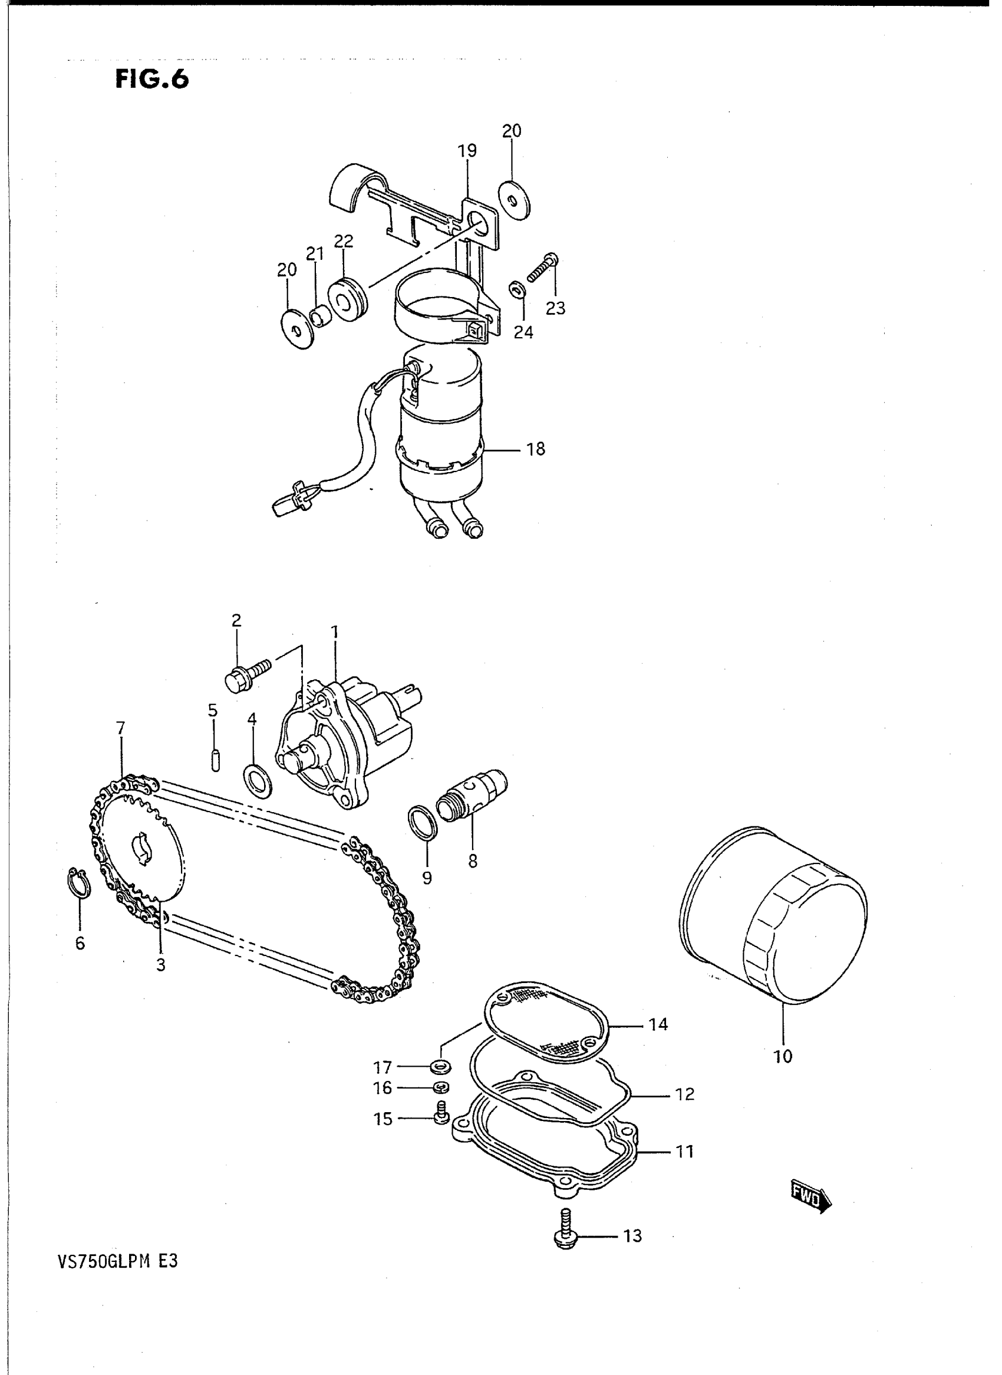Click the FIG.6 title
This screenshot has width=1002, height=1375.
click(151, 80)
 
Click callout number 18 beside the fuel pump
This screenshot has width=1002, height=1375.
click(536, 450)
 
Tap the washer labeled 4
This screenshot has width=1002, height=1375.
click(256, 780)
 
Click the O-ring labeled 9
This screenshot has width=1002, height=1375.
click(423, 823)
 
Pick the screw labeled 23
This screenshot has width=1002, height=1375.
click(542, 269)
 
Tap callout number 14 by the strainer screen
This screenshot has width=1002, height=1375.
click(658, 1025)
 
